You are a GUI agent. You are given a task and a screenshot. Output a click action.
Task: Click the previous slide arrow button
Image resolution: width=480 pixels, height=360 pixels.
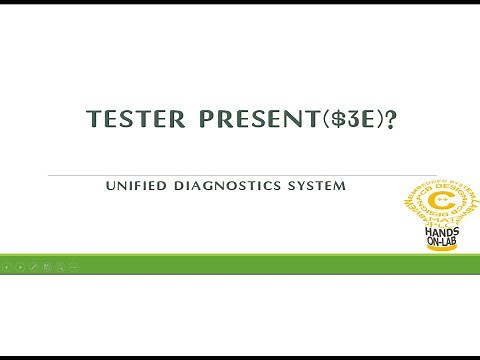[8, 267]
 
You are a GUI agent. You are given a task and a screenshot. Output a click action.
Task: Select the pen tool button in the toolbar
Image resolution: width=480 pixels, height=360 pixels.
[34, 267]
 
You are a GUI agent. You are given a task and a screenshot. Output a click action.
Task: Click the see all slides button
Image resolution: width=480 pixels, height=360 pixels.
[47, 267]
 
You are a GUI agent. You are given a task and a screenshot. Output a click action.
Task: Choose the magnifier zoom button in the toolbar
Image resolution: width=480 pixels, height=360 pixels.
[60, 267]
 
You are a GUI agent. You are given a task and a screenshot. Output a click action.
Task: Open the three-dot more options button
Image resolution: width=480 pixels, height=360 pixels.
[73, 267]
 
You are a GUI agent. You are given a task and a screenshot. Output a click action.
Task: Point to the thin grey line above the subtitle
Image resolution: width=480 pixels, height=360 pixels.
[240, 175]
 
